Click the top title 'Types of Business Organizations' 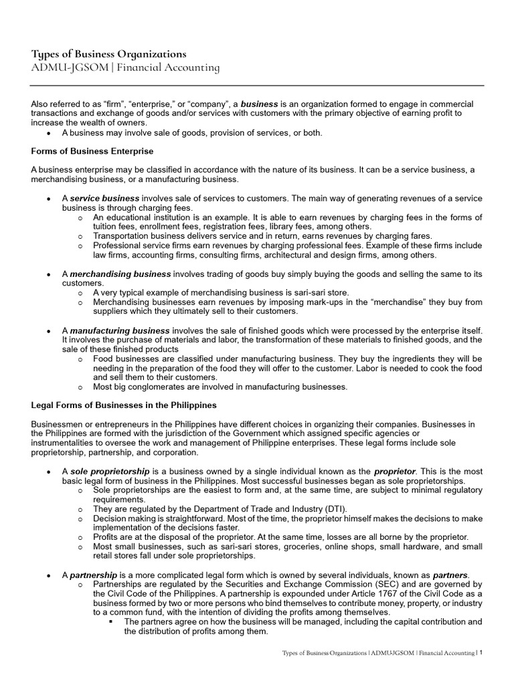click(x=108, y=54)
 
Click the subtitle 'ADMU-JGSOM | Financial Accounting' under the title click(x=125, y=68)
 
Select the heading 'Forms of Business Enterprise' click(x=92, y=151)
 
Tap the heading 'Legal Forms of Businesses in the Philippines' click(x=124, y=405)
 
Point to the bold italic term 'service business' click(x=104, y=199)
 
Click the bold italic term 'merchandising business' click(x=121, y=274)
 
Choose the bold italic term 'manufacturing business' click(x=120, y=331)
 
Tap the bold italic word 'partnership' click(x=94, y=575)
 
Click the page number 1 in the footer click(x=481, y=652)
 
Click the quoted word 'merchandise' click(x=359, y=302)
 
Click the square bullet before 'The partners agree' click(x=112, y=621)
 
